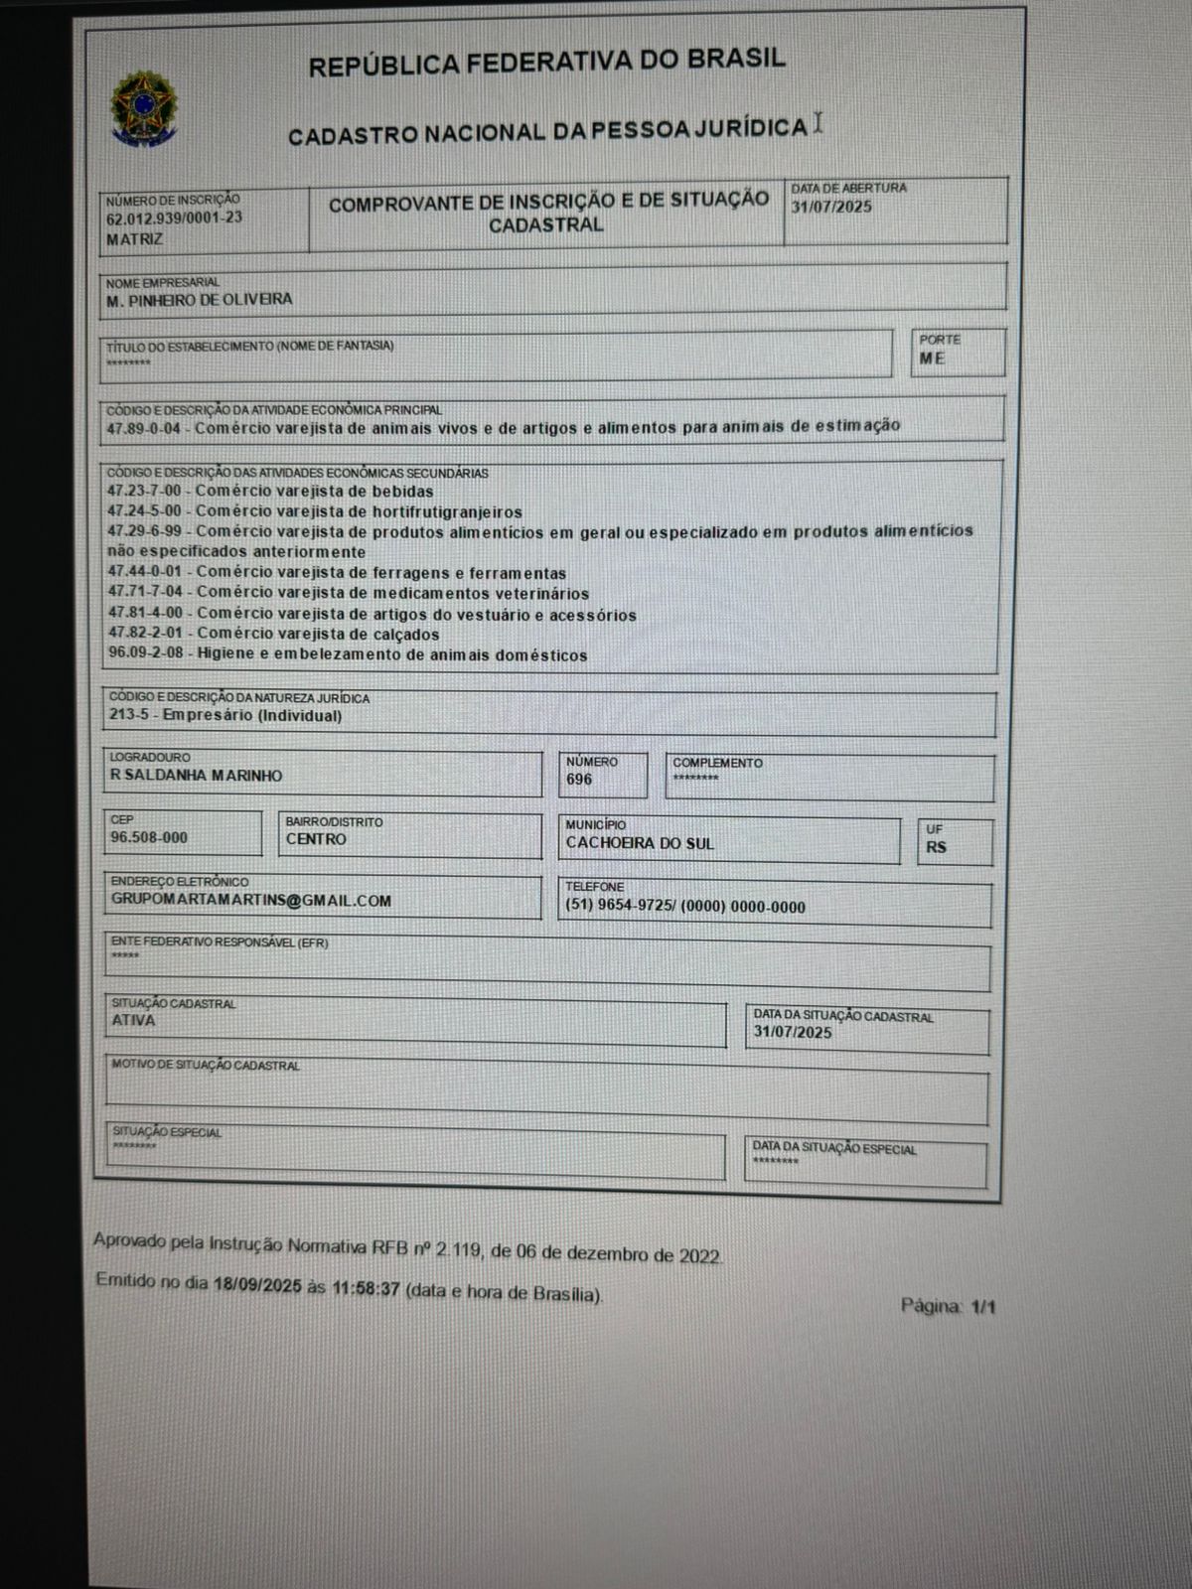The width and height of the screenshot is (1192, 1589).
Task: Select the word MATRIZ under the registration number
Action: [x=134, y=239]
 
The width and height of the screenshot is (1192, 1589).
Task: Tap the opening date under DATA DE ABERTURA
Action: [x=831, y=207]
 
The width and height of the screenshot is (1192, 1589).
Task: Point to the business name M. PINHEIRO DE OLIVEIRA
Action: [x=199, y=300]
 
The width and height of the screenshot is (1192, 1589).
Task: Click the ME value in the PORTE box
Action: [x=932, y=359]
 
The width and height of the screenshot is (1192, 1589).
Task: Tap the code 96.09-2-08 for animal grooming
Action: [x=148, y=655]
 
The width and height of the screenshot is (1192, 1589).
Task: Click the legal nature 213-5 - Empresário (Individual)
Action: [x=225, y=716]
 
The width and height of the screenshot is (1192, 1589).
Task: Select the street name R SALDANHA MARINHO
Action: [x=197, y=776]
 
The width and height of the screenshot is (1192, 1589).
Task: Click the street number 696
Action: [x=579, y=780]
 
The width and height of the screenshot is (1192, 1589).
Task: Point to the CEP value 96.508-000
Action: [x=149, y=838]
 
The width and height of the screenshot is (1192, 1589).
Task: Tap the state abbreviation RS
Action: [x=936, y=847]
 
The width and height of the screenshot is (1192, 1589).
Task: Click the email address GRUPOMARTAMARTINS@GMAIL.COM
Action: [x=251, y=901]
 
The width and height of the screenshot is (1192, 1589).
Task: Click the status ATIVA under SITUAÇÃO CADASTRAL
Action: [x=133, y=1020]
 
